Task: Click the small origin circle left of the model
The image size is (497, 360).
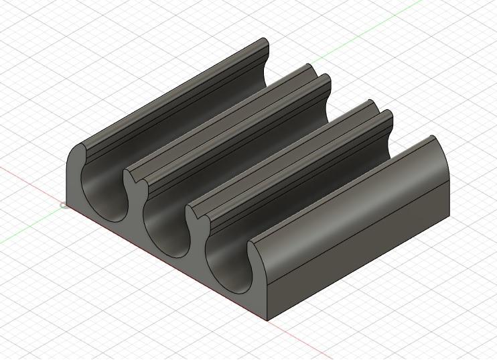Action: tap(64, 205)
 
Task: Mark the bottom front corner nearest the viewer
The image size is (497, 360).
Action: tap(269, 319)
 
